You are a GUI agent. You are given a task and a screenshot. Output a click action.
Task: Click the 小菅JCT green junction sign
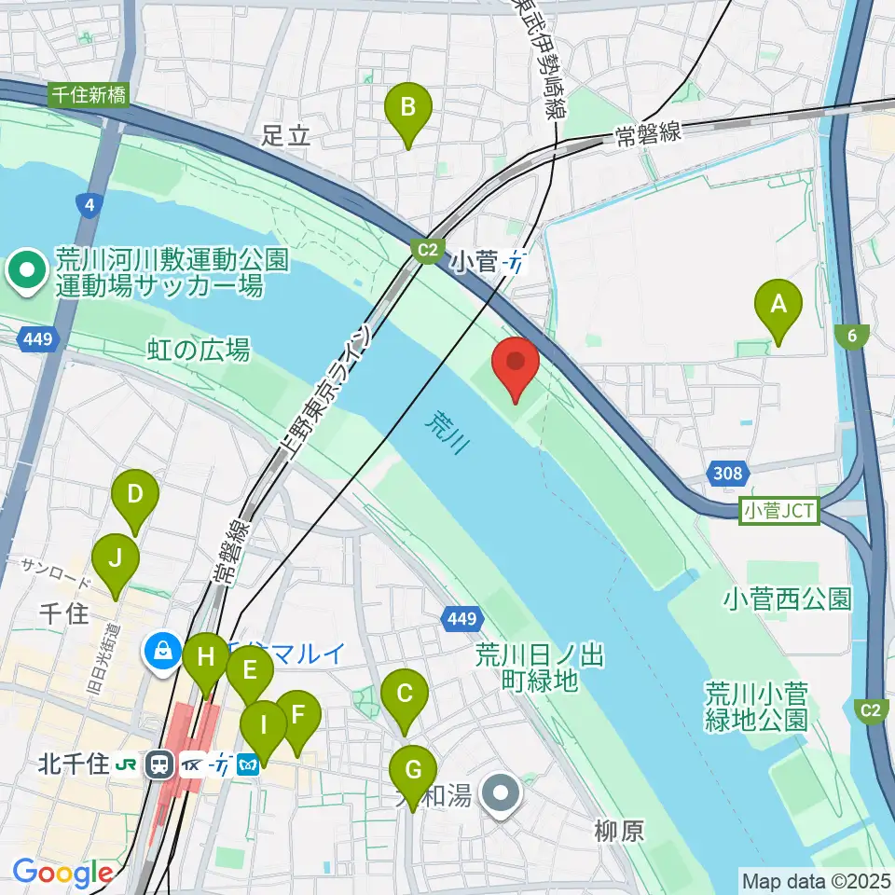[x=778, y=511]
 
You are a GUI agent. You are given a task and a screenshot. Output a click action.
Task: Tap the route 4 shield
[x=89, y=205]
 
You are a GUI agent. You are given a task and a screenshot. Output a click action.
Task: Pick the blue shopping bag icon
[x=163, y=651]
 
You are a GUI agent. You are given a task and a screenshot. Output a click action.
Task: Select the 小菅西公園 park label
[x=787, y=599]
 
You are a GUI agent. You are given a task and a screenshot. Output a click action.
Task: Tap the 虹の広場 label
[x=199, y=351]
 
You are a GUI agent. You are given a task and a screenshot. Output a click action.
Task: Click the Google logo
[x=62, y=874]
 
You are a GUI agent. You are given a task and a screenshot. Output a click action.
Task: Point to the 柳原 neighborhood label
[x=617, y=832]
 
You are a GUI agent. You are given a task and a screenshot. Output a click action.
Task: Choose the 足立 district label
[x=284, y=136]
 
